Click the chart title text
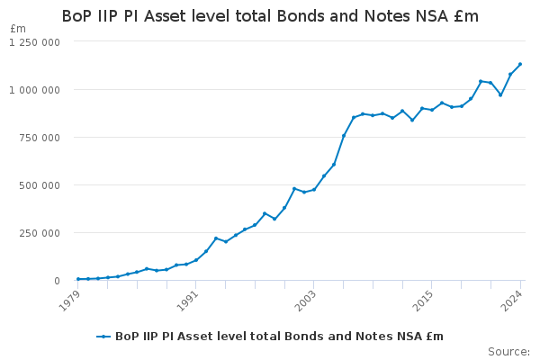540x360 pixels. [x=270, y=16]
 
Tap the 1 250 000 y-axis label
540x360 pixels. [x=34, y=42]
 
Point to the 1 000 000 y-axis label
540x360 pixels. [x=34, y=90]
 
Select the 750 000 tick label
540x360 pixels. [x=40, y=138]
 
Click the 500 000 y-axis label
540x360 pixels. [x=40, y=185]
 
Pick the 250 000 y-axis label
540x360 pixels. [x=40, y=233]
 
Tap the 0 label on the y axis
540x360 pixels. [x=57, y=281]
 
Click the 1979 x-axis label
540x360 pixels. [x=69, y=300]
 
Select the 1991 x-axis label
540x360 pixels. [x=187, y=300]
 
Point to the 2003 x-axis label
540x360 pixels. [x=305, y=300]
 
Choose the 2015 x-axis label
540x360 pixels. [x=423, y=300]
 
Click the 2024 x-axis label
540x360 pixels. [x=512, y=300]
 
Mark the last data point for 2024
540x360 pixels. [x=520, y=64]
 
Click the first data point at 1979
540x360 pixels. [x=78, y=279]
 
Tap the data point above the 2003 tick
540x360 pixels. [x=314, y=190]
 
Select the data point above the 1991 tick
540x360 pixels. [x=196, y=260]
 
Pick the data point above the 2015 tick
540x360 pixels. [x=432, y=110]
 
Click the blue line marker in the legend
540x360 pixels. [x=103, y=337]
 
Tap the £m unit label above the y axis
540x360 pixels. [x=18, y=29]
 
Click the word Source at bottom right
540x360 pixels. [x=508, y=352]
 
